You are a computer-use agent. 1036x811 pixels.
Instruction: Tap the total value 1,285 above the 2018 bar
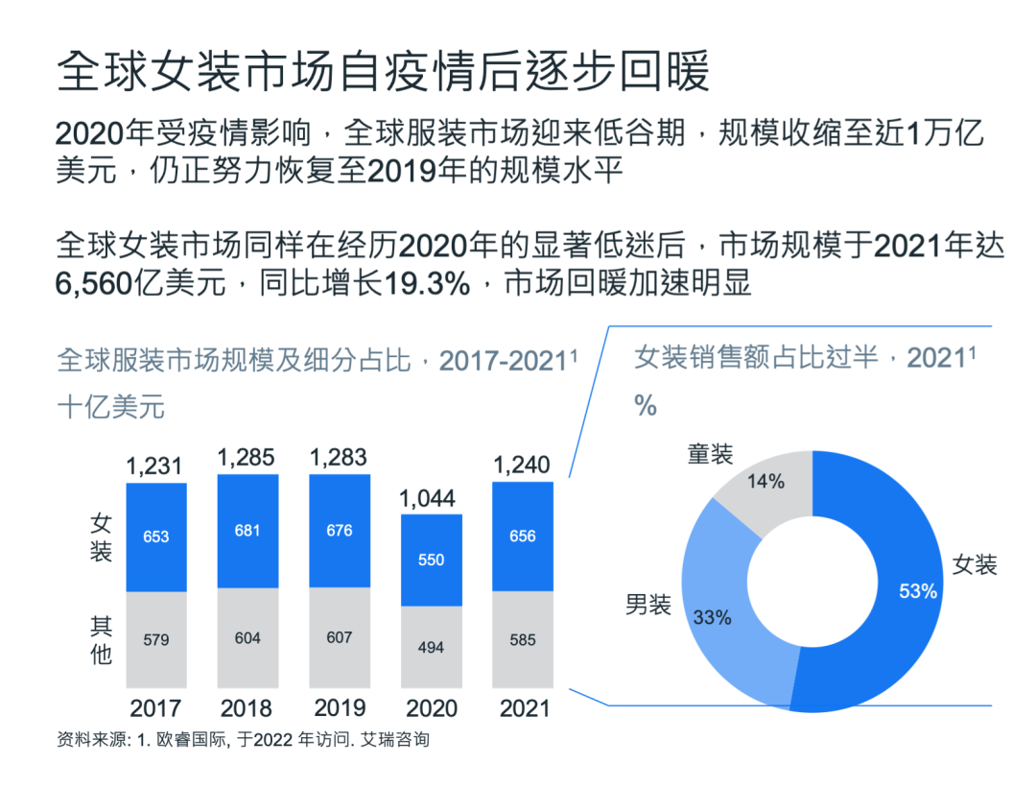[247, 458]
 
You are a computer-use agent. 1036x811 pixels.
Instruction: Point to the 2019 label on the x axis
[340, 708]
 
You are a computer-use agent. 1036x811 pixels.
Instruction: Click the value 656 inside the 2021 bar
[523, 537]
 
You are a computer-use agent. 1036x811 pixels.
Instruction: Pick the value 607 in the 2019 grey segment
[340, 637]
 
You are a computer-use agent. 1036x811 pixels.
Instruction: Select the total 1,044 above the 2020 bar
[432, 498]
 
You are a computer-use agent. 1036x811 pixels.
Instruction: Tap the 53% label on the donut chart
[918, 591]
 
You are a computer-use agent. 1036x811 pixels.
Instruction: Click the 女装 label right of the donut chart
[975, 564]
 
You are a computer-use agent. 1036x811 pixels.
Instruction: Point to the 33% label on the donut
[713, 618]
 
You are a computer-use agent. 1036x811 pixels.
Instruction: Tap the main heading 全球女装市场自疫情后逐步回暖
[384, 73]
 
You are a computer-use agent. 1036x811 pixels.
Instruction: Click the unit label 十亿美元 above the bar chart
[111, 407]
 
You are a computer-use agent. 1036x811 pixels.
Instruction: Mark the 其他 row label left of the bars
[102, 640]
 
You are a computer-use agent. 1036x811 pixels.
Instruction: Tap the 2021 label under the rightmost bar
[523, 708]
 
